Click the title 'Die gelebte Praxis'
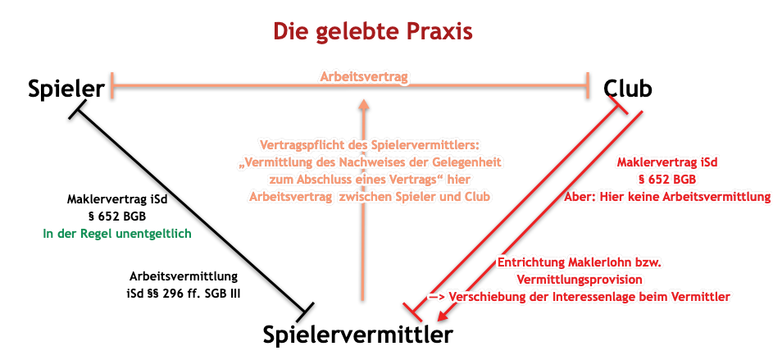(373, 31)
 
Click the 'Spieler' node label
(66, 89)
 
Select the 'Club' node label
(628, 89)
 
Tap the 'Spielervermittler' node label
(357, 335)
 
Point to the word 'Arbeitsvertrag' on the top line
(366, 77)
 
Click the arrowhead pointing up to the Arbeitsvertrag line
(363, 103)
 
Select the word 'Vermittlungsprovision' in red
(580, 280)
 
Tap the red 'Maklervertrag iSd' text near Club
(668, 162)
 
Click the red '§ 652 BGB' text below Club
(668, 179)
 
